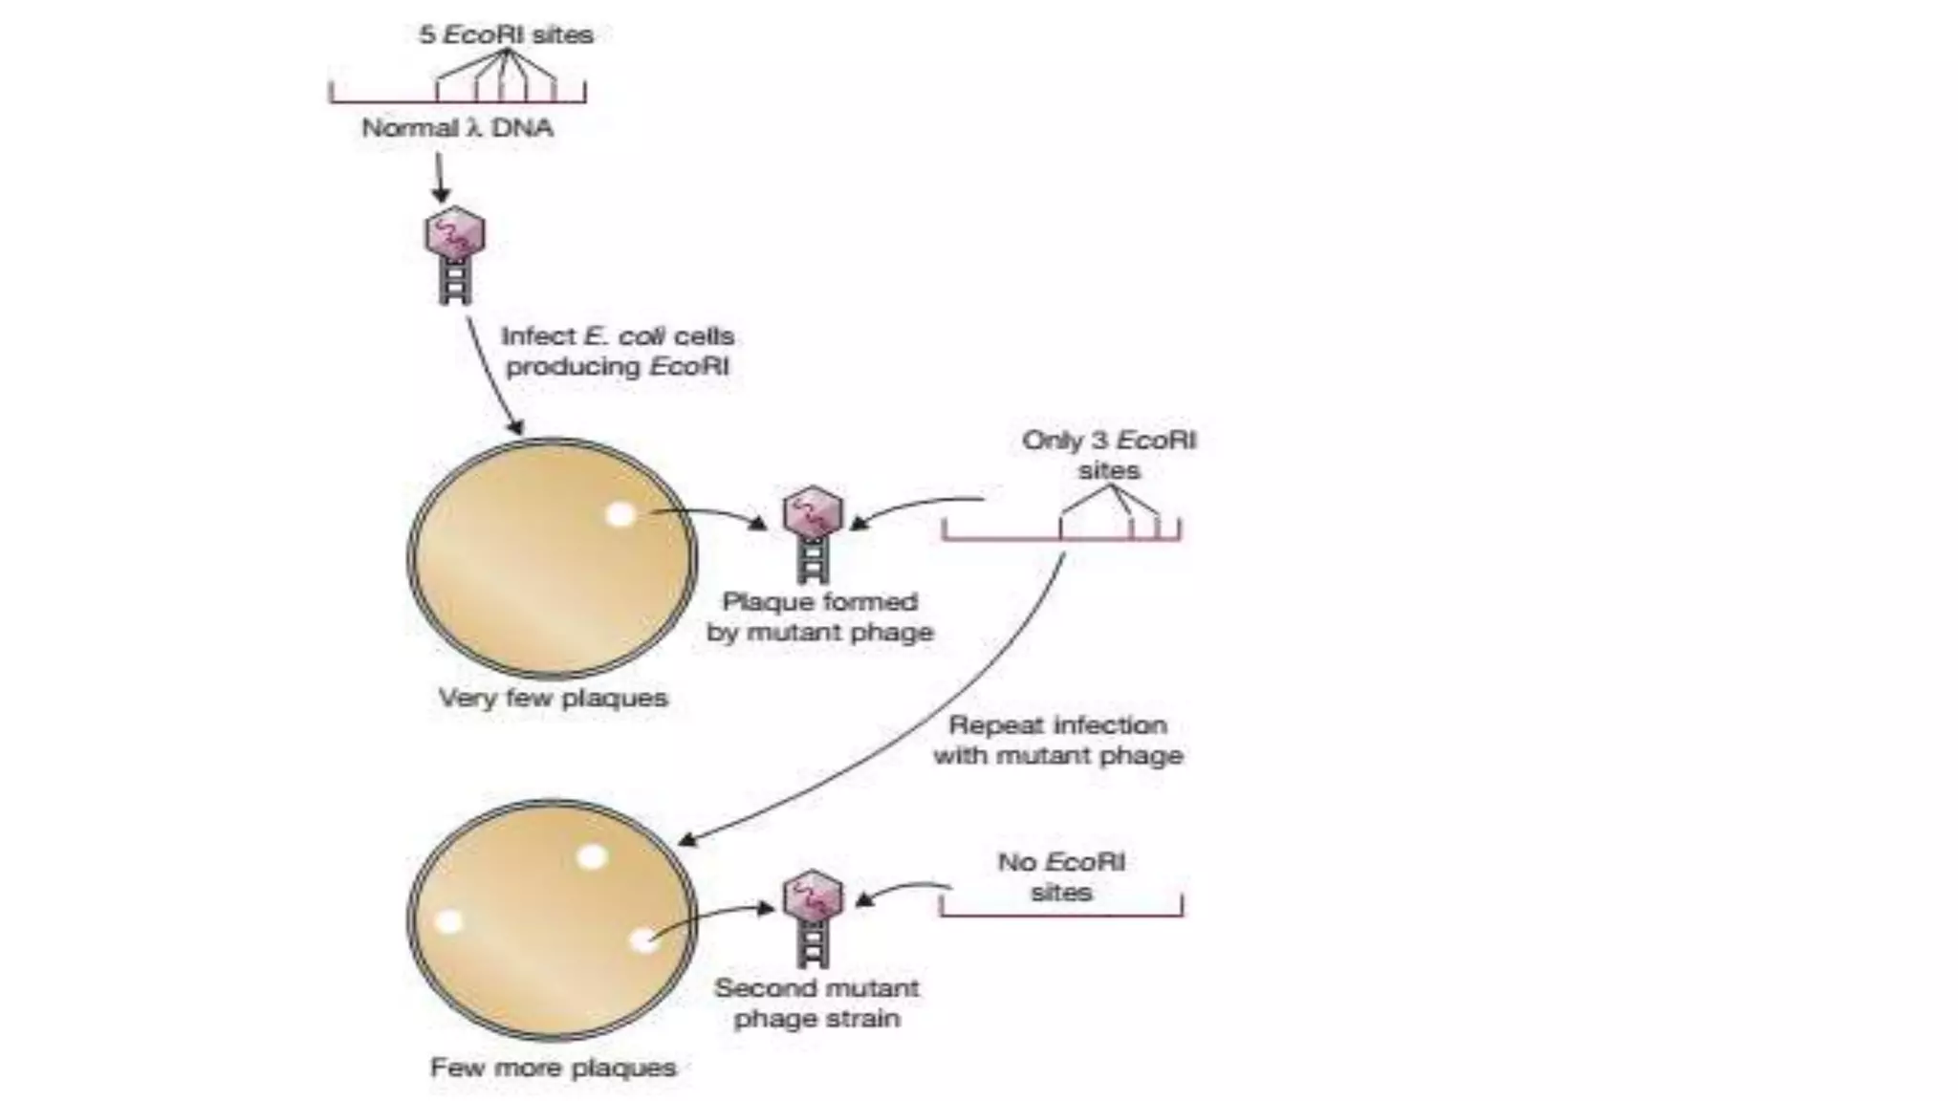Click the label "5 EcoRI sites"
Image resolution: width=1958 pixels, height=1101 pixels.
506,35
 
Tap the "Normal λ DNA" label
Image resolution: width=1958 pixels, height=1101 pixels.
457,128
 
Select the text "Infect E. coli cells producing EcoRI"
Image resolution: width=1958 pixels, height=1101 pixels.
618,351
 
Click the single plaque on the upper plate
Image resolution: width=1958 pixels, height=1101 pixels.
620,515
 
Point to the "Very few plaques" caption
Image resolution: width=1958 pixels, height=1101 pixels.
553,698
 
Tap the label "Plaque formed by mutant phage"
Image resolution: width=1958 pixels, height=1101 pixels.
819,616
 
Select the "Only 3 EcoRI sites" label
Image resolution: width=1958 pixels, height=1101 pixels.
1109,455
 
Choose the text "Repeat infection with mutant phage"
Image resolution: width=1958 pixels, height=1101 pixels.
1058,740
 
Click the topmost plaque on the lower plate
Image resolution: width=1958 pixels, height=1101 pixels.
592,856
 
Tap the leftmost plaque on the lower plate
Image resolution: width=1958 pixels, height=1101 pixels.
448,922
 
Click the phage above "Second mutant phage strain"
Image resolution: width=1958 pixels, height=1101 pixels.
813,917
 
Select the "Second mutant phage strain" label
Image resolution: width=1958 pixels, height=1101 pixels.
816,1003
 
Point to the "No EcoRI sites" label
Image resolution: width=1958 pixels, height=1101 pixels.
1061,876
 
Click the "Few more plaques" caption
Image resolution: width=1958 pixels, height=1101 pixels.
553,1068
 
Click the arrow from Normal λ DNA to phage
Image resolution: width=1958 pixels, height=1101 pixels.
440,178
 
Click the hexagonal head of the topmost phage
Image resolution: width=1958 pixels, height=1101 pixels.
455,232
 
